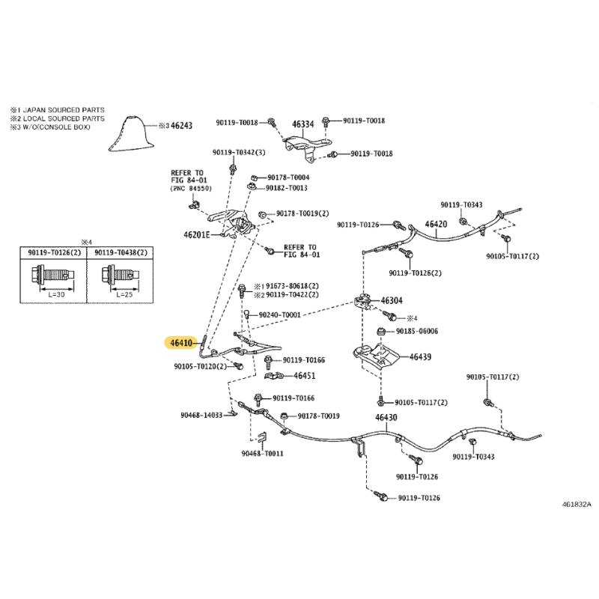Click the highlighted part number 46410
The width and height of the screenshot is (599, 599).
coord(181,343)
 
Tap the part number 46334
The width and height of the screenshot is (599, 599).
coord(303,124)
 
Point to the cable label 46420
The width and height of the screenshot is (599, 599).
coord(436,224)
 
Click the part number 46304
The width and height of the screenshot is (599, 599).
coord(392,301)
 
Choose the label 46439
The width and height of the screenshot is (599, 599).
coord(420,357)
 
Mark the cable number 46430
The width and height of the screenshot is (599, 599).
coord(386,417)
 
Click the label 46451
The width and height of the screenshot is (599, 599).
coord(305,376)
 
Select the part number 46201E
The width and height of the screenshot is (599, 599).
coord(197,234)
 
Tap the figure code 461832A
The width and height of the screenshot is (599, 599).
coord(577,504)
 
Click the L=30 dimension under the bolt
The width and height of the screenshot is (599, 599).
coord(56,294)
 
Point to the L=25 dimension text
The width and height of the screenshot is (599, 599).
coord(124,294)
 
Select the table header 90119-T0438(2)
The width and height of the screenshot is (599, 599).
coord(121,252)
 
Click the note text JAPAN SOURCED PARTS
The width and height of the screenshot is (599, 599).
coord(64,110)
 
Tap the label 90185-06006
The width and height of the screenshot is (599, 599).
coord(417,331)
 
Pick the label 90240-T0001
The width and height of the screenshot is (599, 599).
coord(279,314)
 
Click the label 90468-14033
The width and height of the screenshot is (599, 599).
coord(201,416)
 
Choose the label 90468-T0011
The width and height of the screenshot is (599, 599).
coord(263,454)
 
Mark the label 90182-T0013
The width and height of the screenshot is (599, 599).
coord(287,188)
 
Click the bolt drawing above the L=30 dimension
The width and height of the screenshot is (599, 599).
coord(52,275)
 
